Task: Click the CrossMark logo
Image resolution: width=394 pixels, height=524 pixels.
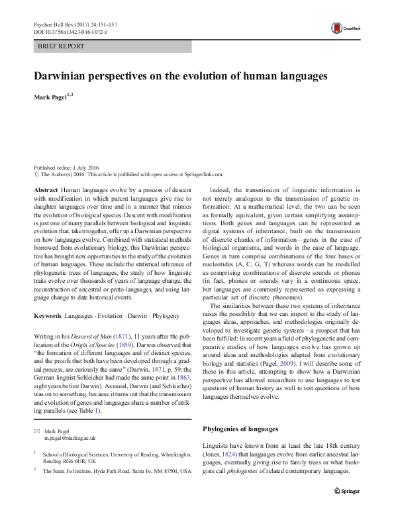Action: click(x=342, y=27)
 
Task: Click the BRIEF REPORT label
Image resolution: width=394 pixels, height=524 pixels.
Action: click(x=62, y=46)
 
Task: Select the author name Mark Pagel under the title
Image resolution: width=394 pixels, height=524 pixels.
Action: click(x=50, y=97)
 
